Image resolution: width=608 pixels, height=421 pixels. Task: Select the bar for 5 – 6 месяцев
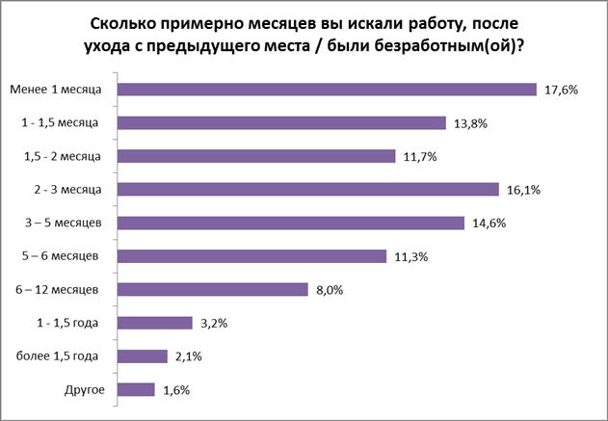(x=256, y=256)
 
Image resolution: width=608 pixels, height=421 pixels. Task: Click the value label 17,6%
(x=560, y=90)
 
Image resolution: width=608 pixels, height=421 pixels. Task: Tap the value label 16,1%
(x=522, y=190)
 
